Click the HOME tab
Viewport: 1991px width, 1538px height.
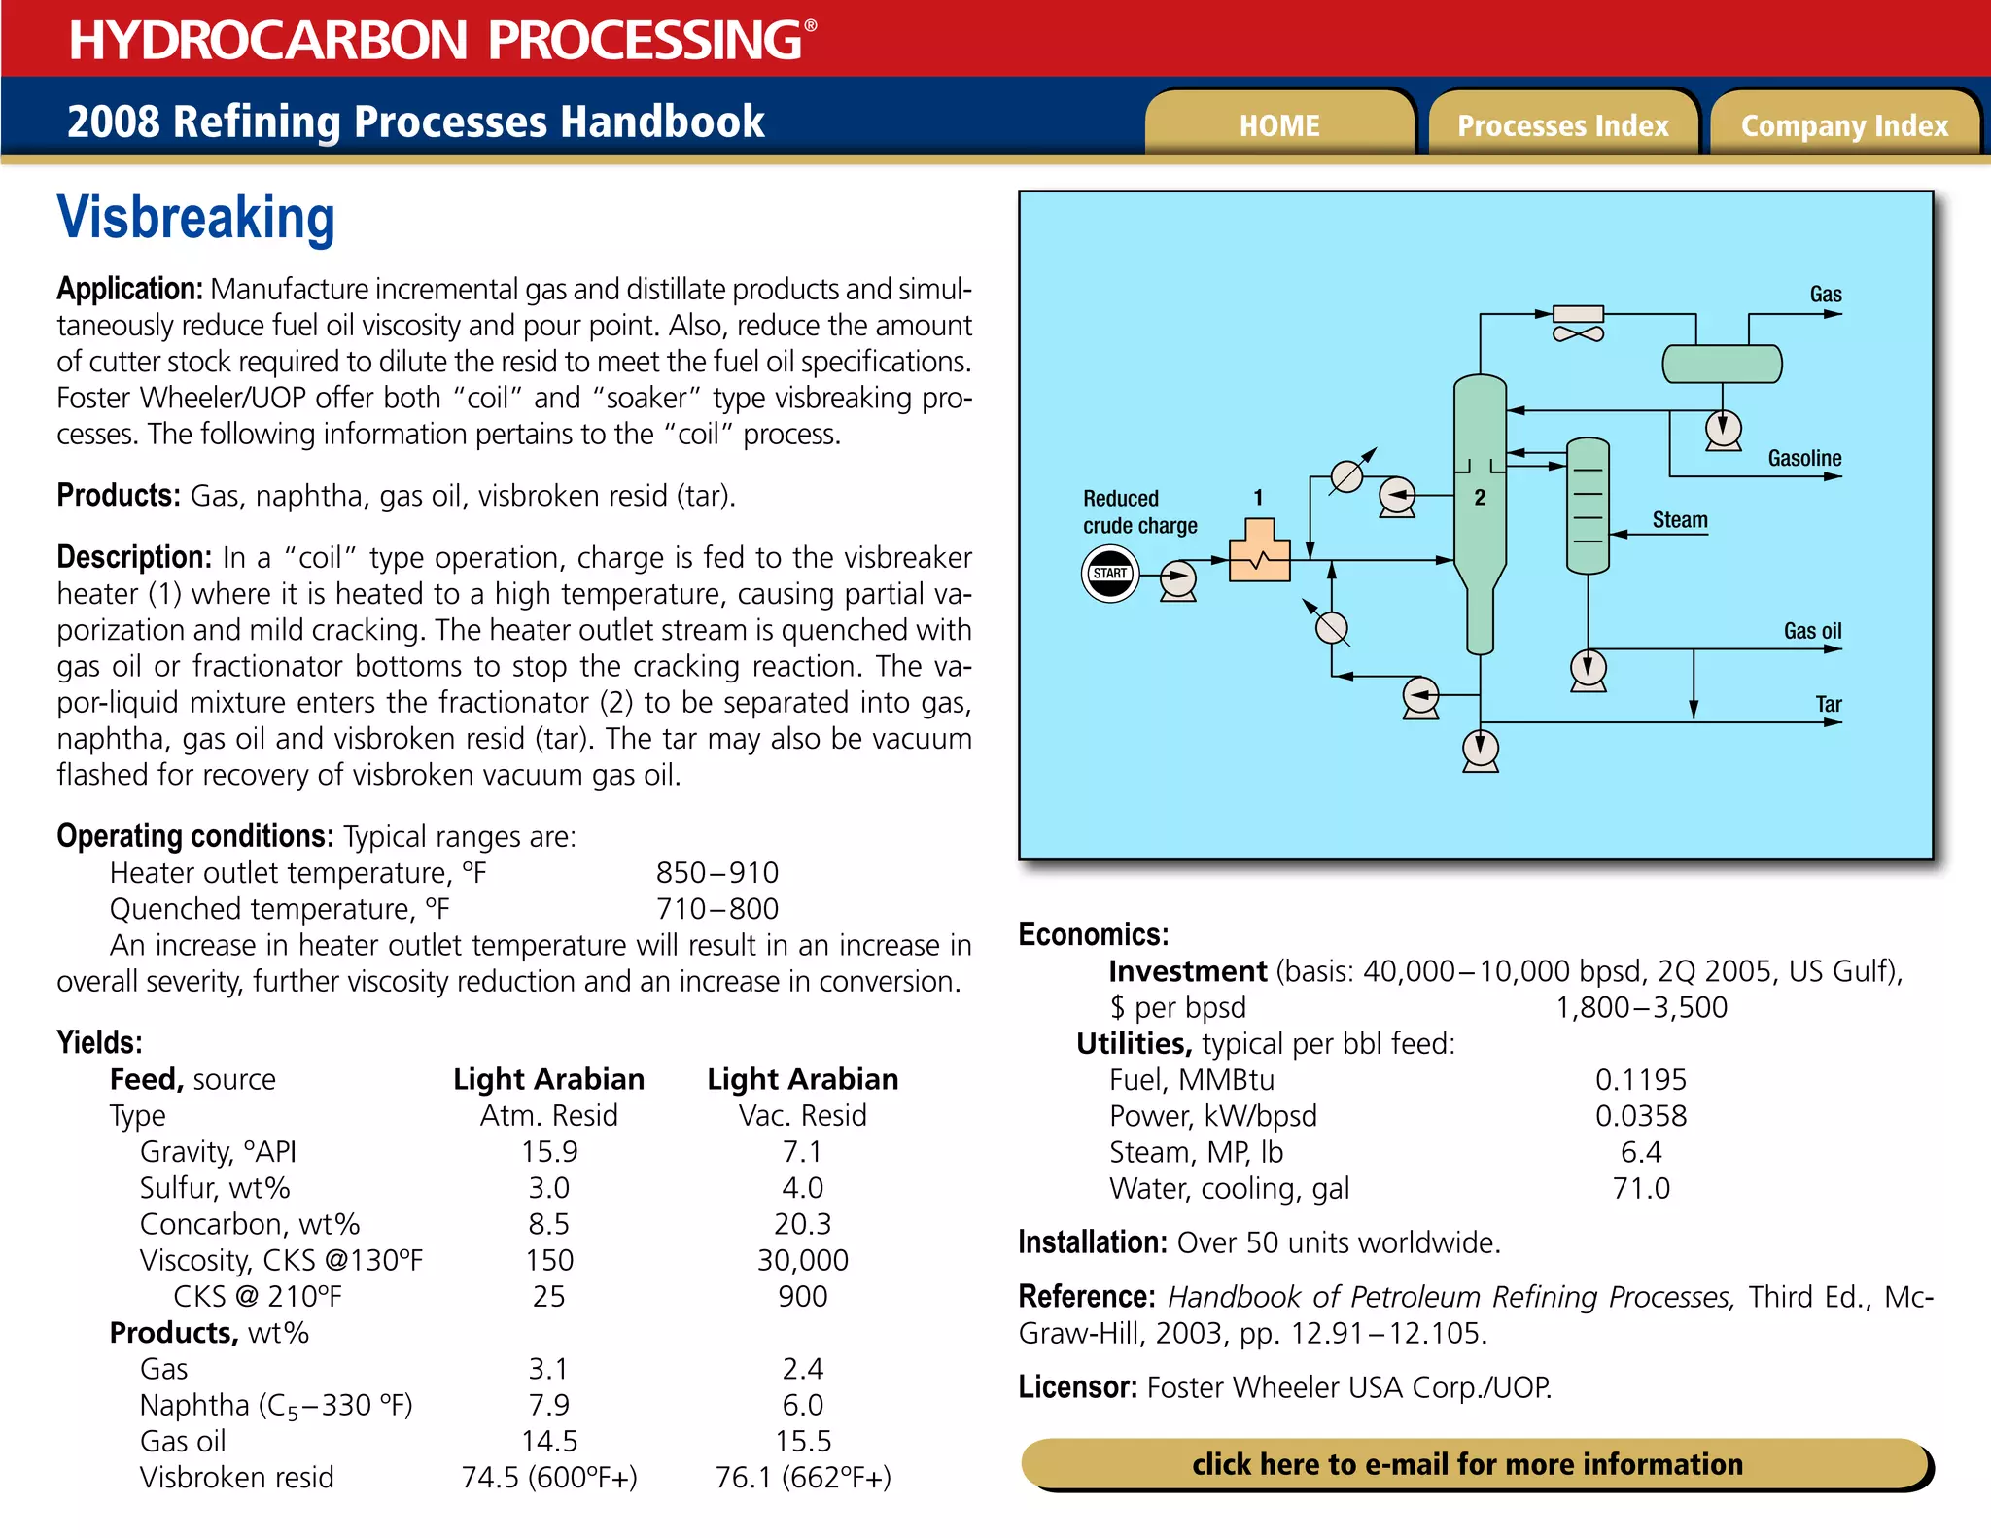(x=1278, y=125)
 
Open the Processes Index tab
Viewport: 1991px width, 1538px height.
(x=1562, y=125)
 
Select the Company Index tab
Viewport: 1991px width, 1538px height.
(x=1844, y=125)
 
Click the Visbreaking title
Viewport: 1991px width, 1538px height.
(x=195, y=218)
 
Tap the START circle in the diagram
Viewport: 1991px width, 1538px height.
(x=1109, y=574)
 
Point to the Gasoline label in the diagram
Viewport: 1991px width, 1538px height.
(x=1804, y=458)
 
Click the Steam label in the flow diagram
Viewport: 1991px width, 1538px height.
(x=1679, y=520)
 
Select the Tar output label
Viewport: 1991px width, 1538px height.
(x=1828, y=704)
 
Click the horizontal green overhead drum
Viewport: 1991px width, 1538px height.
(x=1722, y=364)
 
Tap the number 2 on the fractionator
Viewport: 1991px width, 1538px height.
(x=1480, y=498)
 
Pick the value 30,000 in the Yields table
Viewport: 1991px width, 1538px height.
(x=802, y=1260)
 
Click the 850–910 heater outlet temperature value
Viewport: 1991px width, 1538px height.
(x=716, y=872)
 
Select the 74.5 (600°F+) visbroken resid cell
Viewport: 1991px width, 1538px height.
(x=549, y=1478)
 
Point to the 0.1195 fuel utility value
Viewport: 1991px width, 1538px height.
(x=1640, y=1079)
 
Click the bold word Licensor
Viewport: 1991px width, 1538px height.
(x=1077, y=1386)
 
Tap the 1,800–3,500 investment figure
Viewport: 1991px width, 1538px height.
(x=1641, y=1007)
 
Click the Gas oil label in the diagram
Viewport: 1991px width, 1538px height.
(x=1812, y=631)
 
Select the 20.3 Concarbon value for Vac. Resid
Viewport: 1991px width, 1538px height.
(x=802, y=1224)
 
